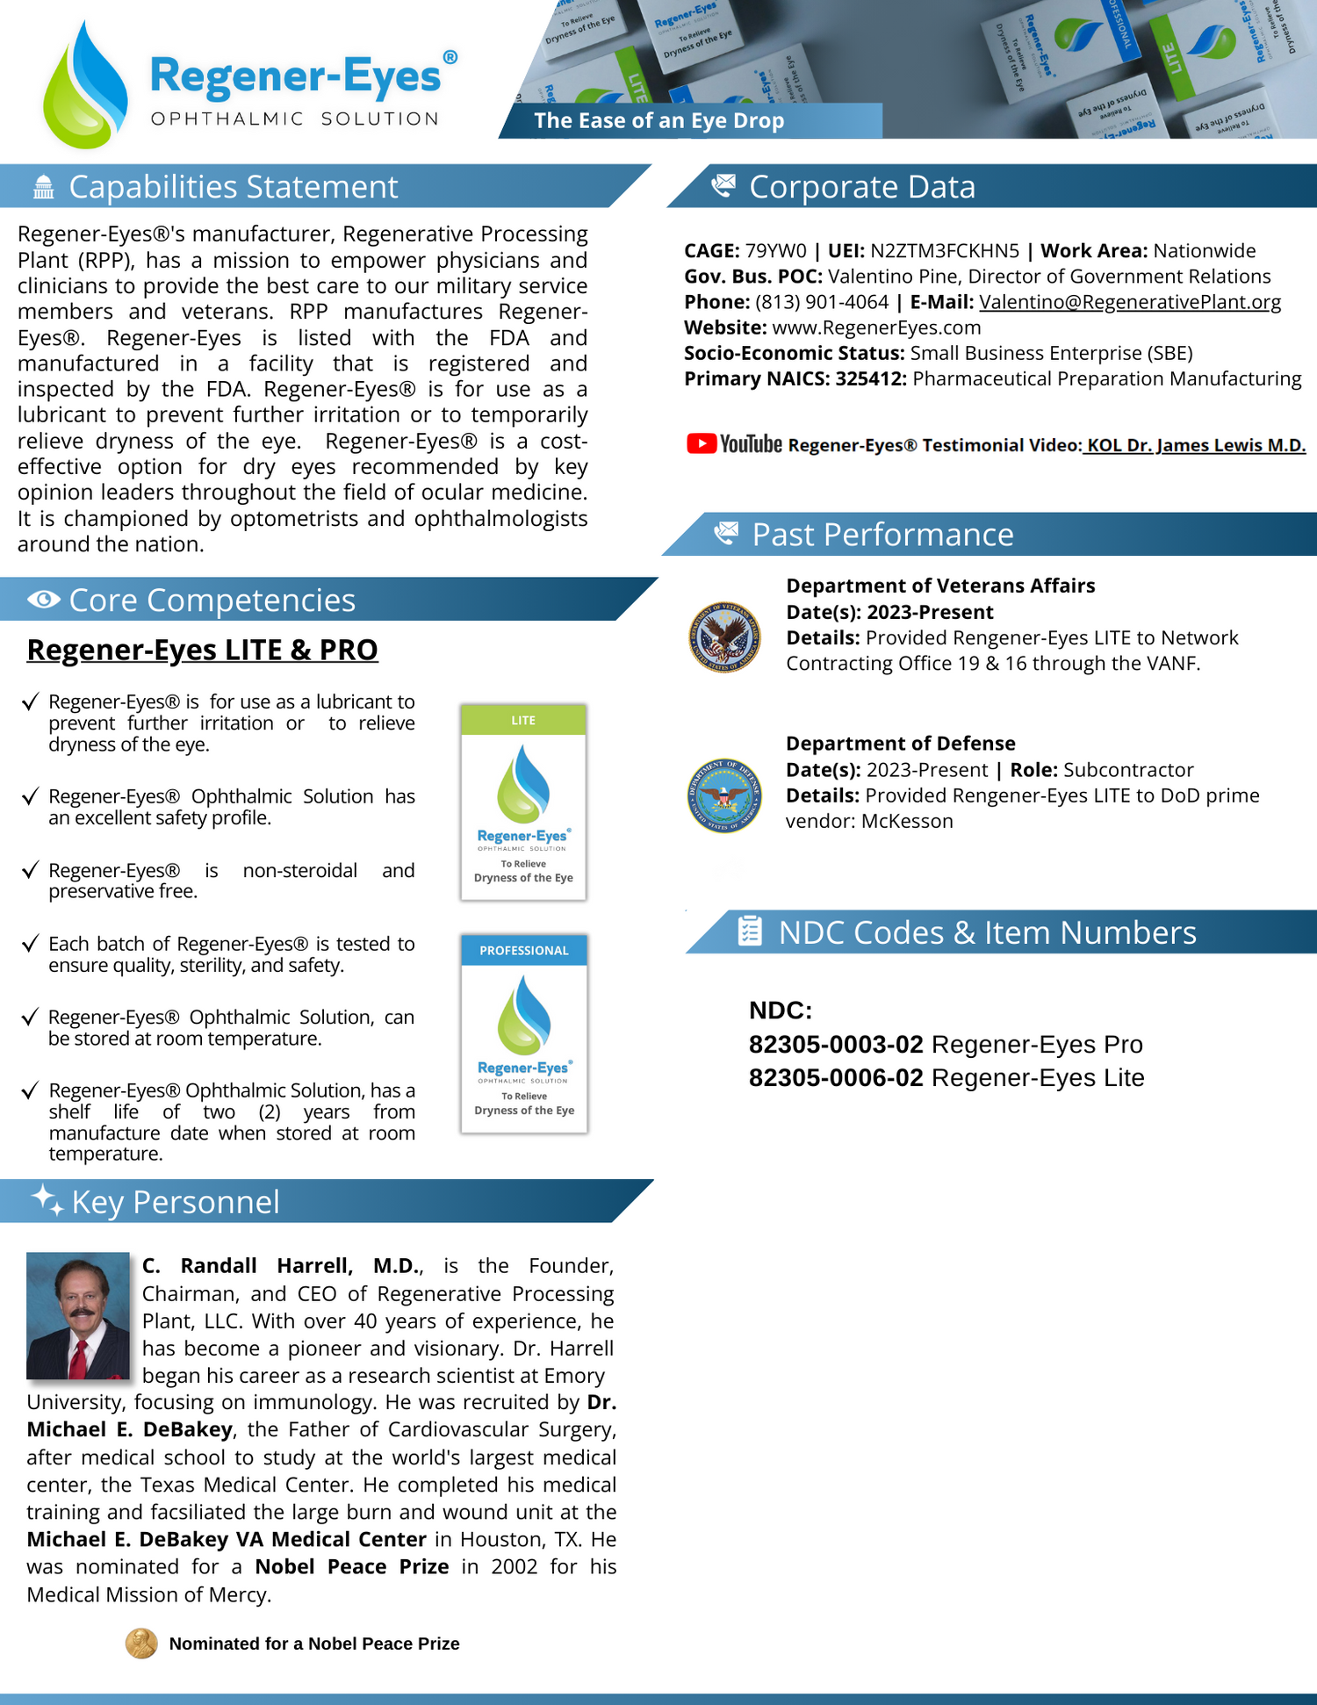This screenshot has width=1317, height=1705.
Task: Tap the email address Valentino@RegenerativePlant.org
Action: tap(1130, 302)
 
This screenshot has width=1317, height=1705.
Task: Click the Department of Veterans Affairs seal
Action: tap(724, 637)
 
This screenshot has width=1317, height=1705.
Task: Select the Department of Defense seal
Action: tap(724, 795)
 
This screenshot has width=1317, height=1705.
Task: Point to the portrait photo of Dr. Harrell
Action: tap(78, 1315)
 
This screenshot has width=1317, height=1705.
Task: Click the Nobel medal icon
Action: tap(141, 1643)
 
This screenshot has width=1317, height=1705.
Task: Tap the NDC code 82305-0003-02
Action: tap(836, 1045)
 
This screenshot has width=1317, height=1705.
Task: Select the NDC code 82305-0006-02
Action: tap(836, 1078)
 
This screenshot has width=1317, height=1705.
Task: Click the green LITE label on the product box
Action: tap(523, 720)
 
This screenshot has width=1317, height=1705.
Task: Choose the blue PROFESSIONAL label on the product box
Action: tap(524, 951)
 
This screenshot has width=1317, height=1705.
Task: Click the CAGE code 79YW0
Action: tap(775, 251)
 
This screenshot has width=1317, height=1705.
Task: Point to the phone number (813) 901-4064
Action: tap(822, 302)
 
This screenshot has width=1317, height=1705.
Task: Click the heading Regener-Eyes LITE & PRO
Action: tap(203, 650)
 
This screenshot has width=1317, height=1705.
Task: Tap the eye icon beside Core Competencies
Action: tap(44, 600)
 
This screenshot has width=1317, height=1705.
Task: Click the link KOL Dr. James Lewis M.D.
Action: tap(1196, 445)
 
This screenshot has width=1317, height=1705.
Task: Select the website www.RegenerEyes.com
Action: tap(876, 327)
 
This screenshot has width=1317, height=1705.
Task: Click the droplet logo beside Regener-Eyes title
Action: tap(85, 85)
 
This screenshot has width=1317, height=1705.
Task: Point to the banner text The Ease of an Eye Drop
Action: tap(658, 121)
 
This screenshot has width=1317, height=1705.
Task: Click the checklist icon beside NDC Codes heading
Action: tap(749, 932)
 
